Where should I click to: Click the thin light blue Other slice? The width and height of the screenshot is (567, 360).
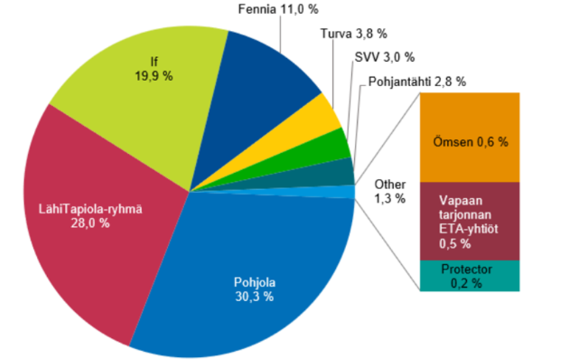pos(346,191)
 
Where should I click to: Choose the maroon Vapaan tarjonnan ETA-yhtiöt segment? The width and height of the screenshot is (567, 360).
pos(470,221)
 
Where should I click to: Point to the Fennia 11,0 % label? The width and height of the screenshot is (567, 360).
pos(281,11)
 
